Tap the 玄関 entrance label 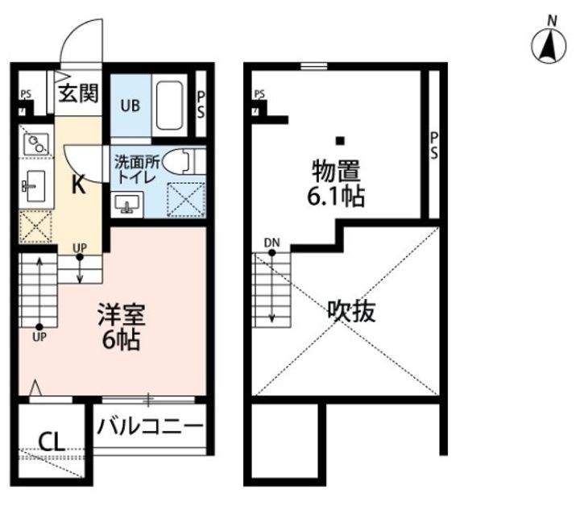pyautogui.click(x=79, y=93)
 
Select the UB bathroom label pyautogui.click(x=130, y=106)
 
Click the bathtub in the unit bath pyautogui.click(x=169, y=105)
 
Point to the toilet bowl pyautogui.click(x=178, y=162)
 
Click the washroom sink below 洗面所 pyautogui.click(x=126, y=204)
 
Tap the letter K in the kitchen pyautogui.click(x=78, y=185)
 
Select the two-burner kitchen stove pyautogui.click(x=36, y=144)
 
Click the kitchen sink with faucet pyautogui.click(x=34, y=186)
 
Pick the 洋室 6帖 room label pyautogui.click(x=122, y=327)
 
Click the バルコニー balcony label pyautogui.click(x=150, y=426)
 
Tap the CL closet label pyautogui.click(x=52, y=442)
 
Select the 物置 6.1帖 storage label pyautogui.click(x=336, y=183)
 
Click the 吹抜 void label pyautogui.click(x=351, y=311)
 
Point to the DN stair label pyautogui.click(x=272, y=243)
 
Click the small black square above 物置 pyautogui.click(x=340, y=141)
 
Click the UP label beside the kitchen pyautogui.click(x=80, y=247)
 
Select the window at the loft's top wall pyautogui.click(x=313, y=67)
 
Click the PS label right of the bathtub pyautogui.click(x=201, y=105)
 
